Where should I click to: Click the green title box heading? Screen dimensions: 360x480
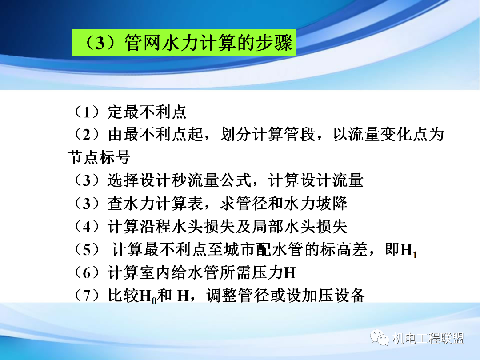tap(183, 43)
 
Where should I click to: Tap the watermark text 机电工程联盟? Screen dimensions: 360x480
tap(428, 339)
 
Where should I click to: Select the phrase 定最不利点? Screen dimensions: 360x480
tap(147, 112)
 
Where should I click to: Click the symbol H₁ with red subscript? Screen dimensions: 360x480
tap(408, 251)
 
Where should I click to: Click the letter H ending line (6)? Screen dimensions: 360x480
tap(290, 272)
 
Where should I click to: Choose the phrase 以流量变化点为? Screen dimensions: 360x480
tap(388, 134)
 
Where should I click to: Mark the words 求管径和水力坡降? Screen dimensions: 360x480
tap(284, 203)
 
